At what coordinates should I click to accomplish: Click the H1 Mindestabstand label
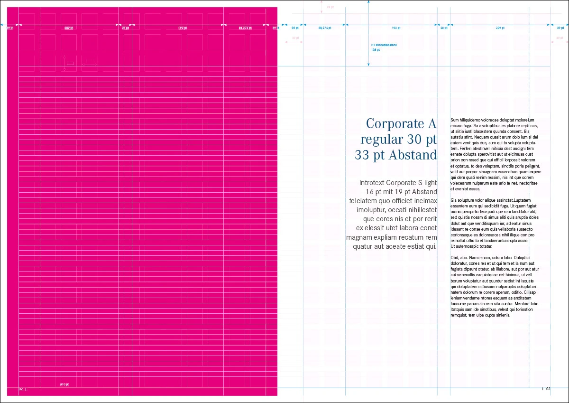pyautogui.click(x=384, y=45)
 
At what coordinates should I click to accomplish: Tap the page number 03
pyautogui.click(x=548, y=389)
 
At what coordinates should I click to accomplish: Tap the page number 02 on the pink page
pyautogui.click(x=20, y=389)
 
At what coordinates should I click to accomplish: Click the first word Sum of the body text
pyautogui.click(x=454, y=120)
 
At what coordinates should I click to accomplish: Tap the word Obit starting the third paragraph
pyautogui.click(x=455, y=257)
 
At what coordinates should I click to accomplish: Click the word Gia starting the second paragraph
pyautogui.click(x=454, y=200)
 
